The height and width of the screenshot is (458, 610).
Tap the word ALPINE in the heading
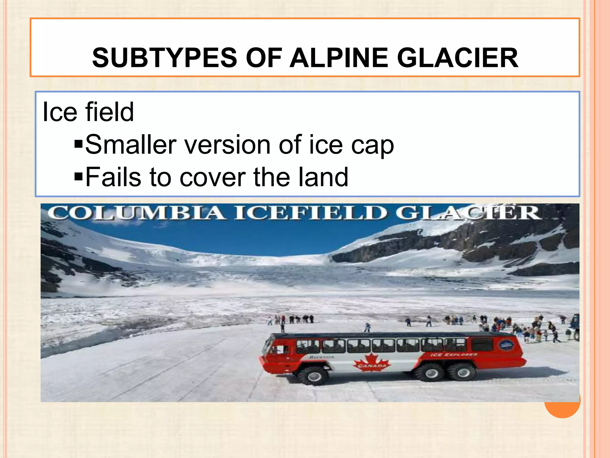click(x=339, y=58)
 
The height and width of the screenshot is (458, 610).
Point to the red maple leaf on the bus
click(x=371, y=362)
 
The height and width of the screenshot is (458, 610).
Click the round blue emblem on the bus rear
click(x=506, y=345)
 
